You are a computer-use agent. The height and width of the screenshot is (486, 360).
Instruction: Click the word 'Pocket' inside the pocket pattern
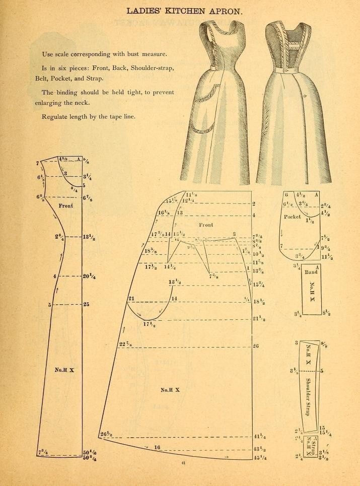[292, 217]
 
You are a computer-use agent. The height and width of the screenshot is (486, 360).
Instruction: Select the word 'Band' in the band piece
[311, 272]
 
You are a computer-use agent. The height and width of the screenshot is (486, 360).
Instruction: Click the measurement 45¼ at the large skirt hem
[260, 458]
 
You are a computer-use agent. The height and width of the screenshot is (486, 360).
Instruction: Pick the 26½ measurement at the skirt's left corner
[106, 434]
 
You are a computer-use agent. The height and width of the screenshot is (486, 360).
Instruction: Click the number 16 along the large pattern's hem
[157, 447]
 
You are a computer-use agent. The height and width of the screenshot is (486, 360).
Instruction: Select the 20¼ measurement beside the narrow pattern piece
[90, 276]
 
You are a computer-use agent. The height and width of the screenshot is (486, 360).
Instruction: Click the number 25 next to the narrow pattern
[87, 304]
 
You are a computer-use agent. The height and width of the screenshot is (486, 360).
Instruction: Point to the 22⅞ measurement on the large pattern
[125, 344]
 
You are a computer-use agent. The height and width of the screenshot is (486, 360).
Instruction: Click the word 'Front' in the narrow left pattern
[66, 205]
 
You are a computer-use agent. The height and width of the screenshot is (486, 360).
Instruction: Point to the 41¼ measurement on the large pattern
[260, 436]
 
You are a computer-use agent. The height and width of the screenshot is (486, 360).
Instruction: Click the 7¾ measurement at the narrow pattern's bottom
[42, 453]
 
